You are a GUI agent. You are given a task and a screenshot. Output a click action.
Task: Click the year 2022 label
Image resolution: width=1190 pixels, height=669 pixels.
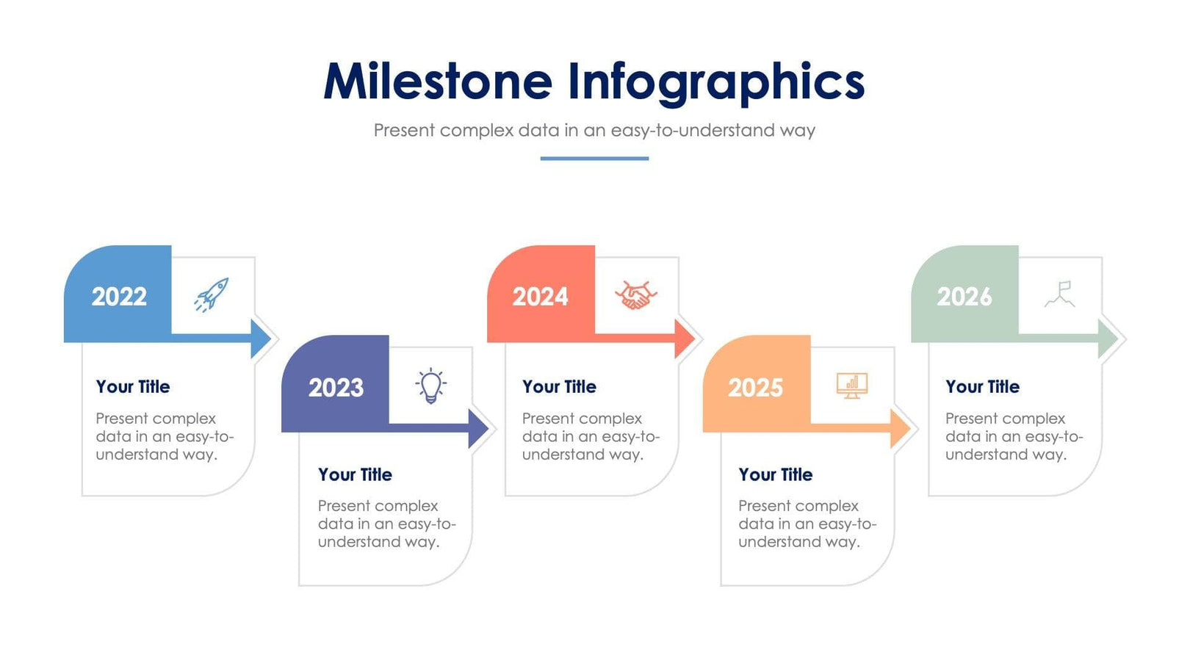coord(119,297)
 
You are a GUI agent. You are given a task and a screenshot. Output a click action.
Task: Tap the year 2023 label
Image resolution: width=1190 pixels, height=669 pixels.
coord(336,388)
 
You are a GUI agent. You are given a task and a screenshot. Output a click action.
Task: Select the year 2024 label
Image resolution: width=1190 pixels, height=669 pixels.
coord(541,297)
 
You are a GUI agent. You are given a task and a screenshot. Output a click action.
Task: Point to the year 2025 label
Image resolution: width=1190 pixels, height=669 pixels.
coord(755,388)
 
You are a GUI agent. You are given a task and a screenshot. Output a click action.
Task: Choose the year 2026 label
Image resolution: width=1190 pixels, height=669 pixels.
coord(964,297)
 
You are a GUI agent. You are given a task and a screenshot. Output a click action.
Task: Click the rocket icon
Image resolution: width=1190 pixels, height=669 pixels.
coord(212,294)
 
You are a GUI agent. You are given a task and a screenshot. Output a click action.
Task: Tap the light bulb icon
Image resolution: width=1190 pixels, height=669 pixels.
coord(431,386)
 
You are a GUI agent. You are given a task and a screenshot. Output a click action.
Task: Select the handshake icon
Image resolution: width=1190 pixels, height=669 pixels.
coord(635,295)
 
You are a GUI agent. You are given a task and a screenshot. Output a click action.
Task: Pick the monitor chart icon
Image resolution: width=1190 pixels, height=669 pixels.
coord(852,386)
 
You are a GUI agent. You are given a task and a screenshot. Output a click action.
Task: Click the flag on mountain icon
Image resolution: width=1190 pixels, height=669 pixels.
coord(1060,294)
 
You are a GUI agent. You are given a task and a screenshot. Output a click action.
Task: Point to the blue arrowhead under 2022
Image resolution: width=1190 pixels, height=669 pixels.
coord(261,339)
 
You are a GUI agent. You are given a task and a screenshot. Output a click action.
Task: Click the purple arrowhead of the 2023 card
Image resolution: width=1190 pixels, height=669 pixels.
coord(478,429)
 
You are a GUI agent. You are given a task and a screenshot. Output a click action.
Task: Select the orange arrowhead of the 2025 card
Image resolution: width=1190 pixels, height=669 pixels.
coord(900,429)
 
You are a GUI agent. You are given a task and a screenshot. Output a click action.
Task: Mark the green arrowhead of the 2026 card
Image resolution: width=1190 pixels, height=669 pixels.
coord(1108,339)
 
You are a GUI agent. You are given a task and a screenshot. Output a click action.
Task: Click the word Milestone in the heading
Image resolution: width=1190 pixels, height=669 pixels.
coord(438,81)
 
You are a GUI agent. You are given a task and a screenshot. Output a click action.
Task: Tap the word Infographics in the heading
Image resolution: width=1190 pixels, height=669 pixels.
coord(716,82)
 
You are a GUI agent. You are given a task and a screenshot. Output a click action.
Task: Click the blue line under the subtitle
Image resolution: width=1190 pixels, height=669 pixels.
coord(594,158)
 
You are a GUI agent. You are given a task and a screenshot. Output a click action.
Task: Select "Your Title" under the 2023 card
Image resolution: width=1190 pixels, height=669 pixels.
coord(355,475)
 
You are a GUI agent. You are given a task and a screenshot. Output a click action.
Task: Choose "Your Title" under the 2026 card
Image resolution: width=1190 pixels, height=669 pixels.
coord(982,387)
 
